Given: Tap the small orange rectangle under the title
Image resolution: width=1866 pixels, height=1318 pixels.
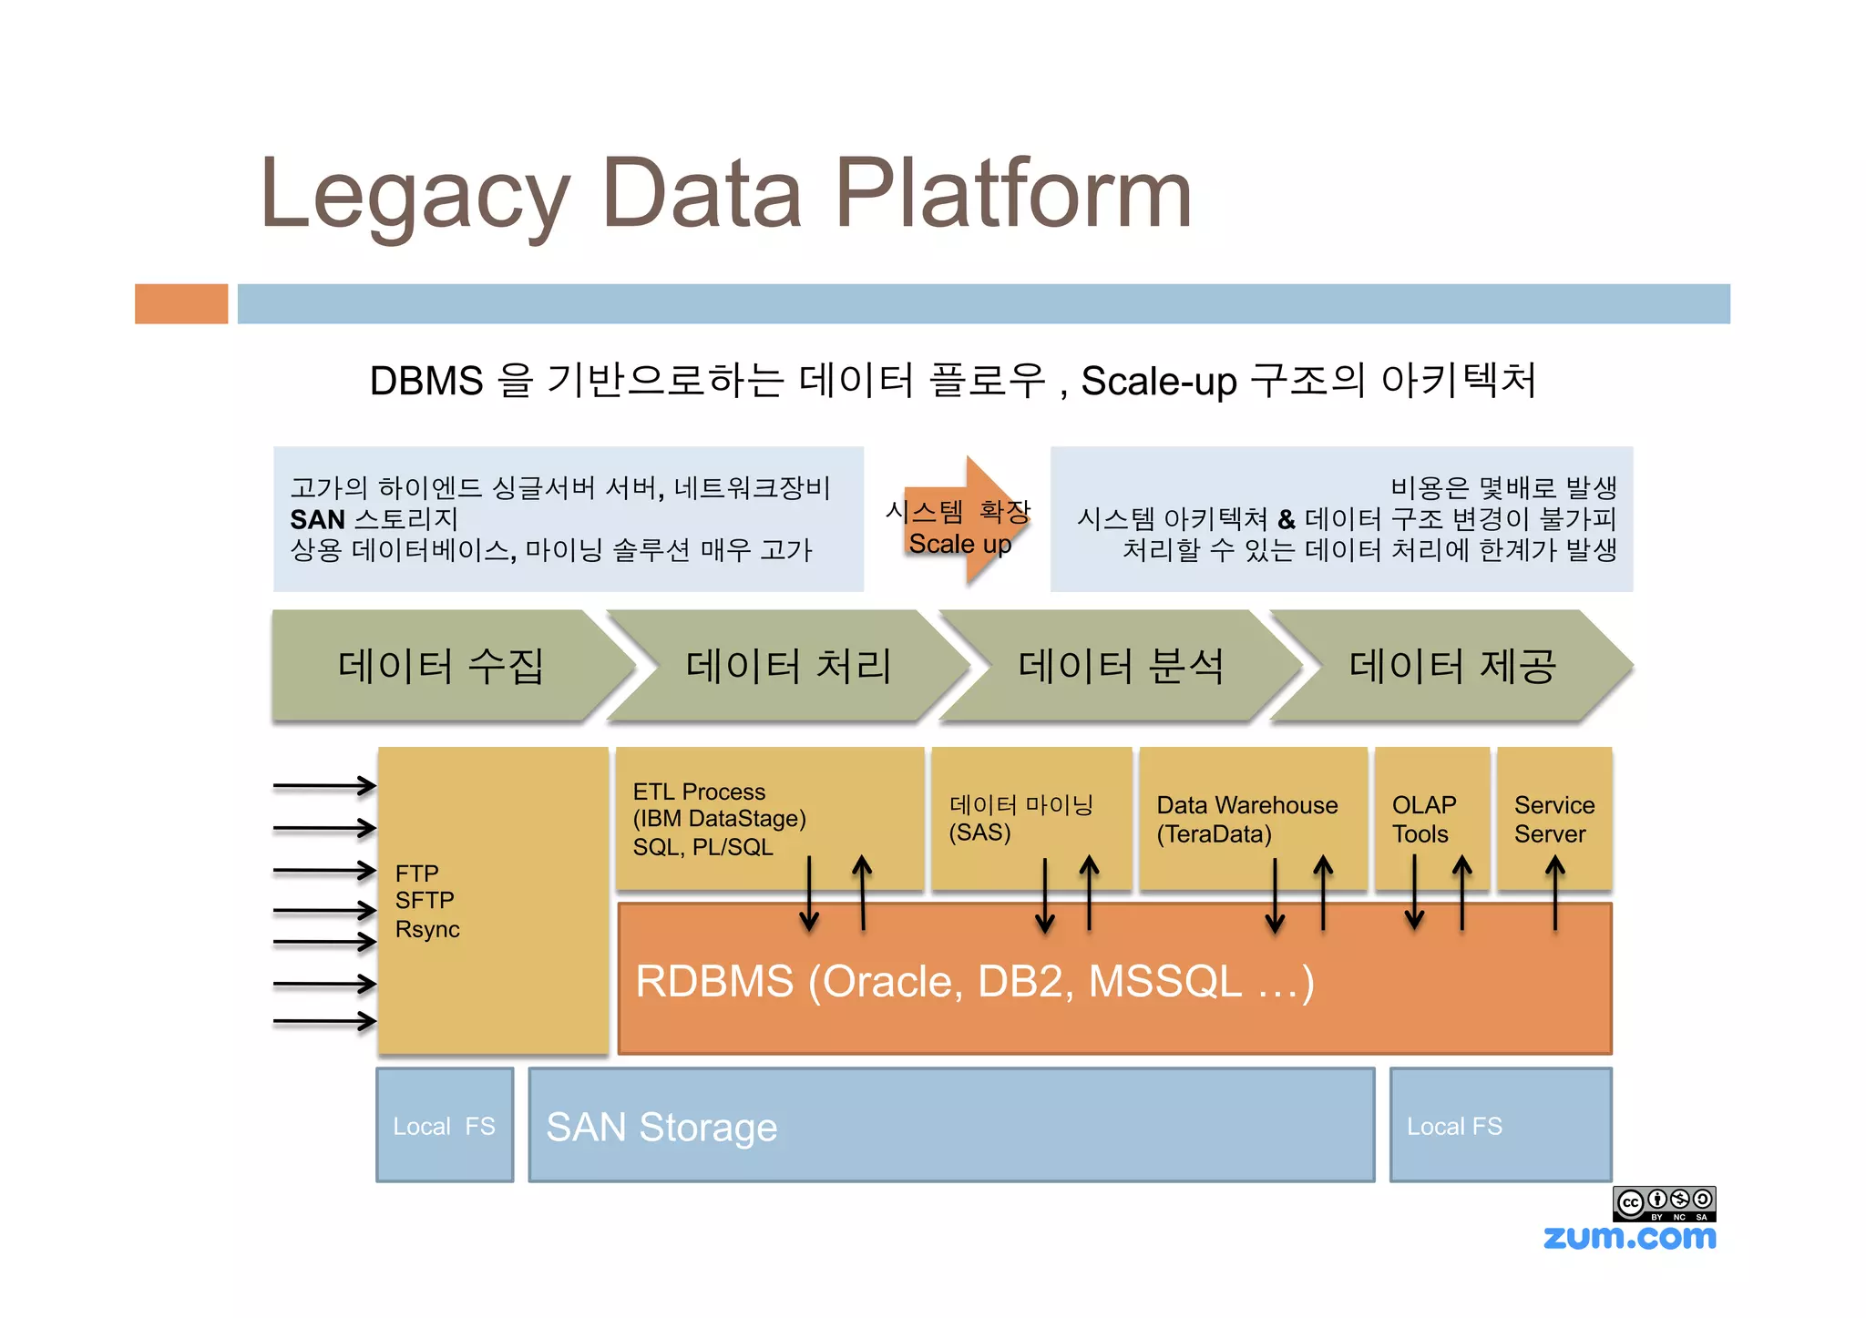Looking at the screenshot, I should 181,303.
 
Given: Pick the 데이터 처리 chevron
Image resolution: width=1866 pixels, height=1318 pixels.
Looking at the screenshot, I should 788,666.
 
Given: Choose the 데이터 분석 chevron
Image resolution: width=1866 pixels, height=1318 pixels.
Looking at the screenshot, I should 1121,666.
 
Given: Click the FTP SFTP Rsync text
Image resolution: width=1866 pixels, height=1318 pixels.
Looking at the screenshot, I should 426,901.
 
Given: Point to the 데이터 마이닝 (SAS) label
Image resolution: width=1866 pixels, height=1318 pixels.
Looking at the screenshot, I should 1020,818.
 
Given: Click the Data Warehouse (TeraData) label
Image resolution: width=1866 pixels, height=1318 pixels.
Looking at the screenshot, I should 1246,819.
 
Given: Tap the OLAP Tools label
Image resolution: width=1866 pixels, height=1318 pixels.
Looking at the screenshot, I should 1423,819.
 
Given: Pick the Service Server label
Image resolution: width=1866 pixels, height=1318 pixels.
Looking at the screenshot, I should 1553,819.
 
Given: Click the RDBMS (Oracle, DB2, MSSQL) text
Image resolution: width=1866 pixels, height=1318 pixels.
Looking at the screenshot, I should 974,982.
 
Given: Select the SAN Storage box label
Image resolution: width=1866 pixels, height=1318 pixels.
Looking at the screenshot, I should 661,1127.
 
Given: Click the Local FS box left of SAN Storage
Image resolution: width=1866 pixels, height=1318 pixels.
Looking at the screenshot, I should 445,1126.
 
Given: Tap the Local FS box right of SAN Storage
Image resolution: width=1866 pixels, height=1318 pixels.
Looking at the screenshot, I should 1454,1126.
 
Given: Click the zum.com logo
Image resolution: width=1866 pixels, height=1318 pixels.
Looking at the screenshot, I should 1629,1238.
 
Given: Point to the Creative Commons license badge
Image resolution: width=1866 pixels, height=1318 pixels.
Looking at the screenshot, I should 1664,1203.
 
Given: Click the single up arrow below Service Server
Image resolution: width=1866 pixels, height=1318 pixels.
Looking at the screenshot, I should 1555,893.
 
